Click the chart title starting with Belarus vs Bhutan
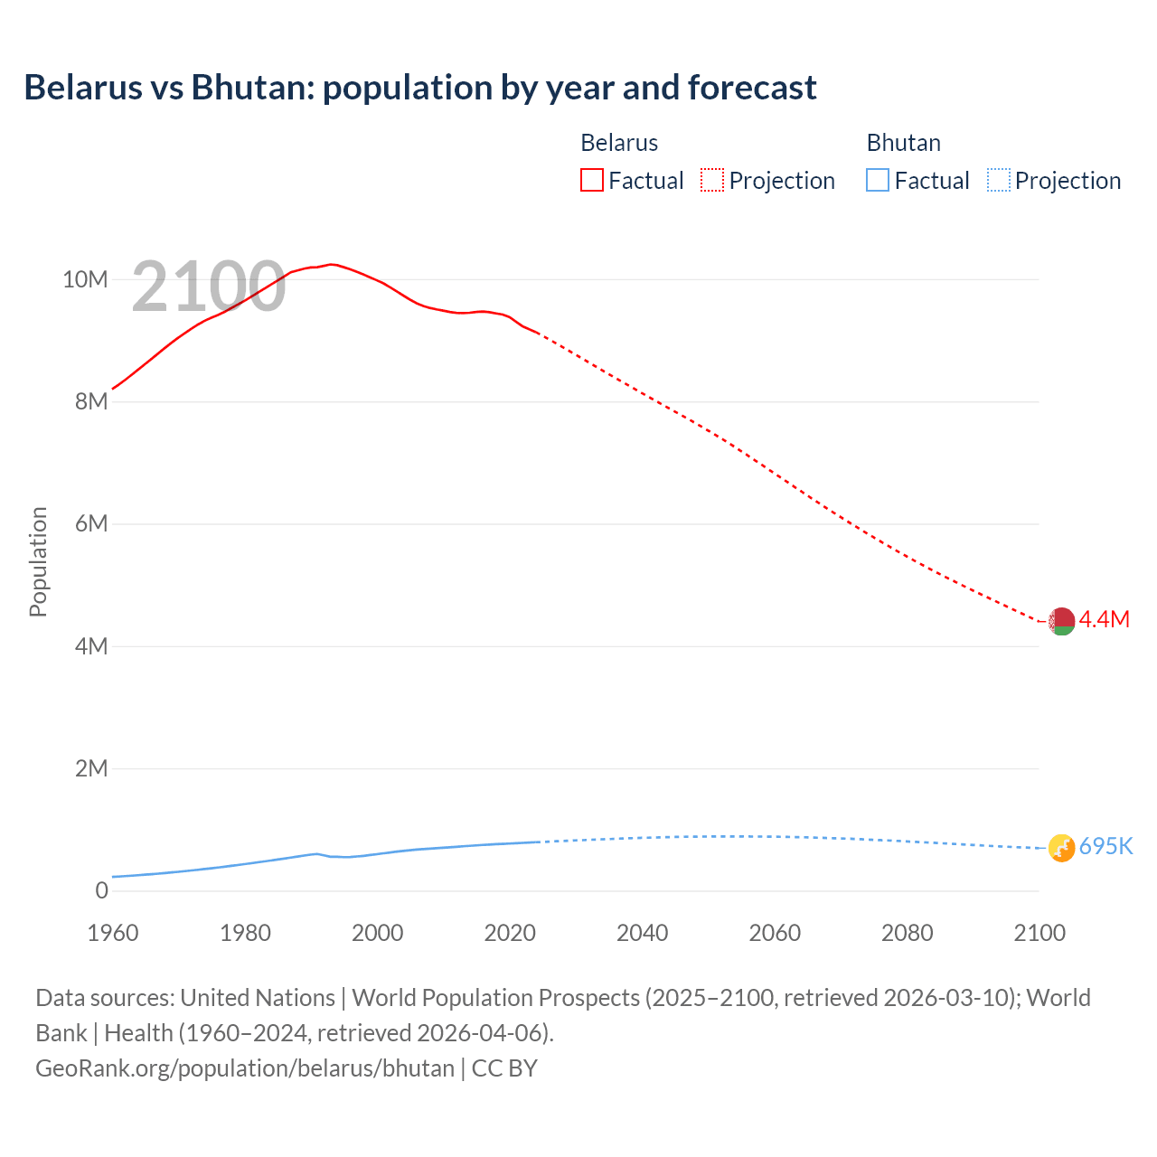(x=419, y=88)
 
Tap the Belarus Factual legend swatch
(x=592, y=180)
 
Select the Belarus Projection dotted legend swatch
(x=712, y=180)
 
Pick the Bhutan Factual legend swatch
(x=878, y=180)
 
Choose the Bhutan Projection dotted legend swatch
(x=999, y=180)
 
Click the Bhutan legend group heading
(x=903, y=143)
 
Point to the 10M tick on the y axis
(x=85, y=279)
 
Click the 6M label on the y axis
(x=91, y=523)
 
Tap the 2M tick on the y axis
(x=91, y=768)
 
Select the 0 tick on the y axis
(x=101, y=890)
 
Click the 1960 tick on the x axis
(x=113, y=933)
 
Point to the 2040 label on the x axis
(x=642, y=933)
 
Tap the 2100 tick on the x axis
(x=1039, y=933)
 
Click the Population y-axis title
(x=38, y=561)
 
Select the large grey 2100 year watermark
(x=209, y=287)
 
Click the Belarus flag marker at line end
(x=1061, y=621)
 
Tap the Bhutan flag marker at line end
(x=1061, y=848)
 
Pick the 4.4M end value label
(x=1105, y=619)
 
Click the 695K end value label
(x=1106, y=846)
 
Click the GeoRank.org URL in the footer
(x=245, y=1068)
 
